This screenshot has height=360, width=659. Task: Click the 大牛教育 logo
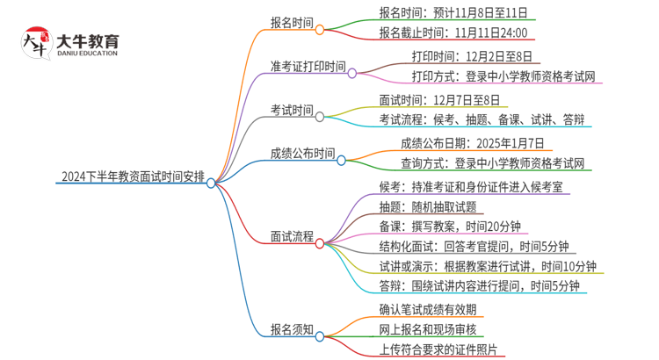pyautogui.click(x=71, y=43)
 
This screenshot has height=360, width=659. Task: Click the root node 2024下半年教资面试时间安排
pyautogui.click(x=132, y=177)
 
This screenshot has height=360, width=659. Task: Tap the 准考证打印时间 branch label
pyautogui.click(x=308, y=67)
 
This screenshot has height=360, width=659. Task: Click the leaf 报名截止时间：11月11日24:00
pyautogui.click(x=453, y=33)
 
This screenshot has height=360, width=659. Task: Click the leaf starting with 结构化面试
pyautogui.click(x=474, y=247)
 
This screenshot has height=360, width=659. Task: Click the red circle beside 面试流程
pyautogui.click(x=320, y=243)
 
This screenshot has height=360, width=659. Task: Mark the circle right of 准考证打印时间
pyautogui.click(x=351, y=74)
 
